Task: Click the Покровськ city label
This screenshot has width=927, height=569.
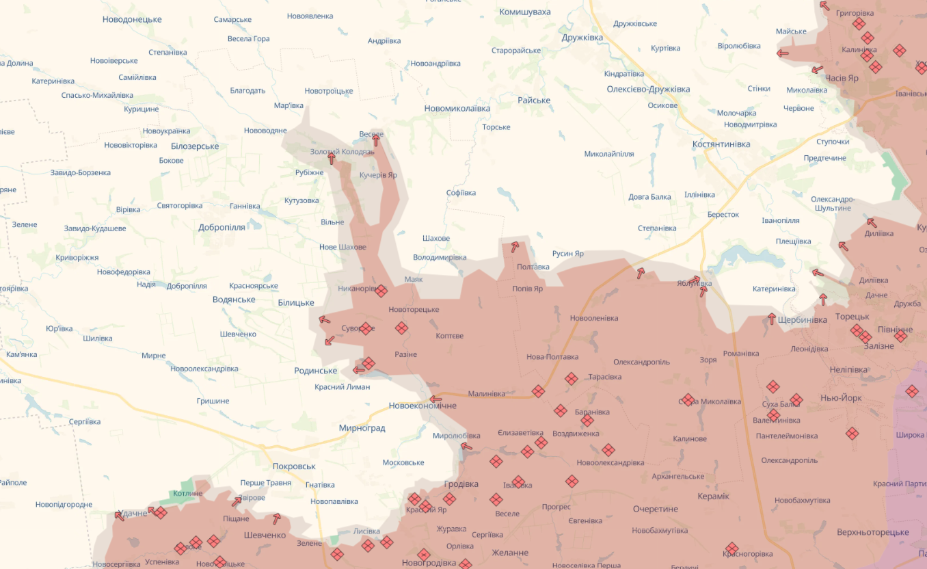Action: click(294, 466)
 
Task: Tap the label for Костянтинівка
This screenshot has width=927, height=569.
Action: click(721, 144)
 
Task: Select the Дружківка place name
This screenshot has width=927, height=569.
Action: click(582, 38)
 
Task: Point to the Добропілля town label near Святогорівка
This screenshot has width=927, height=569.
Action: click(221, 227)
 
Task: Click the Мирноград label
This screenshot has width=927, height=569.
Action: click(362, 428)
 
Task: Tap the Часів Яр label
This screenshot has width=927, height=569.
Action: click(842, 78)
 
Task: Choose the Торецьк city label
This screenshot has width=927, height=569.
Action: click(852, 317)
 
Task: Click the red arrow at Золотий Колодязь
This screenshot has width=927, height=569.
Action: click(332, 159)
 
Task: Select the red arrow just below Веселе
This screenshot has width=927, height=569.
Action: click(375, 141)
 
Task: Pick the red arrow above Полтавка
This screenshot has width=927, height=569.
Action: click(515, 247)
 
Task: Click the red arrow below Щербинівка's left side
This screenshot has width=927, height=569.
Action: click(772, 319)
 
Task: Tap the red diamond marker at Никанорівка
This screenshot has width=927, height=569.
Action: click(381, 291)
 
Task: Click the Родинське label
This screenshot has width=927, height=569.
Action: click(315, 371)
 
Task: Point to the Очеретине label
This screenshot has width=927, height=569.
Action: click(655, 509)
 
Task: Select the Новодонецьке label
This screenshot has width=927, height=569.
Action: click(132, 19)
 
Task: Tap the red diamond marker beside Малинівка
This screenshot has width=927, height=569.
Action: click(538, 391)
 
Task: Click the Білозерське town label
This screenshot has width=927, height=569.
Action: click(195, 146)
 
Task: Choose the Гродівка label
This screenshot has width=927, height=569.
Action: click(461, 484)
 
